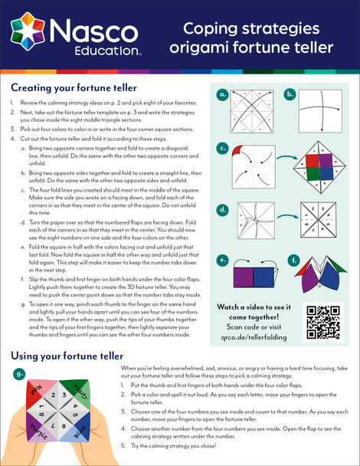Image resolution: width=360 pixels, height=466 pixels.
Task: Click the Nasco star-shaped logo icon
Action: [28, 31]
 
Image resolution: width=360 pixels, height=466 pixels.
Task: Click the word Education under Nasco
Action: [106, 51]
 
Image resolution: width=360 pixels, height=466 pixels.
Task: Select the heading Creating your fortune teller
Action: [74, 88]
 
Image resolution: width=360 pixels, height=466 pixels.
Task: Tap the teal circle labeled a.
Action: [222, 94]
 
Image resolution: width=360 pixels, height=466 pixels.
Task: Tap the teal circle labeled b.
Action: [290, 94]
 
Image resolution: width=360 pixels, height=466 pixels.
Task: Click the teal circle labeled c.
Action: [222, 148]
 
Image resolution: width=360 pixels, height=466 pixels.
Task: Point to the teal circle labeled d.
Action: [222, 210]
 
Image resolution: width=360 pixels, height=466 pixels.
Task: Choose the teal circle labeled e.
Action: [222, 261]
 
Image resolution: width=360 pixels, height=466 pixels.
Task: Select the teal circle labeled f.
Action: [294, 261]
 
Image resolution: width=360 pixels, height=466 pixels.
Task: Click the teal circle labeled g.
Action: [19, 374]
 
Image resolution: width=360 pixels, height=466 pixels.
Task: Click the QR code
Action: [323, 323]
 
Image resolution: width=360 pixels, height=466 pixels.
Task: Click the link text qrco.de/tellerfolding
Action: [254, 337]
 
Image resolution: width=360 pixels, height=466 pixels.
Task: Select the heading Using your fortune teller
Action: [67, 356]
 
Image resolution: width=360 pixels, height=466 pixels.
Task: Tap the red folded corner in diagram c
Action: [237, 151]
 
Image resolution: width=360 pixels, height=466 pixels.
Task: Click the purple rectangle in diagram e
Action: [244, 277]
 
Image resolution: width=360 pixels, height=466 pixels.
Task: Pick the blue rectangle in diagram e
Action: [263, 277]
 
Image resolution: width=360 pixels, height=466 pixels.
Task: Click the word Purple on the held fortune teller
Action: [38, 432]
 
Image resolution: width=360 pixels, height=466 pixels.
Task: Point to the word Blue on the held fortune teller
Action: [80, 432]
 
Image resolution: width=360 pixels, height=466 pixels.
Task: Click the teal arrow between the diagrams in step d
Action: [288, 217]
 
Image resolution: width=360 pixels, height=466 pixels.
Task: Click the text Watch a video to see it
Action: [254, 307]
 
